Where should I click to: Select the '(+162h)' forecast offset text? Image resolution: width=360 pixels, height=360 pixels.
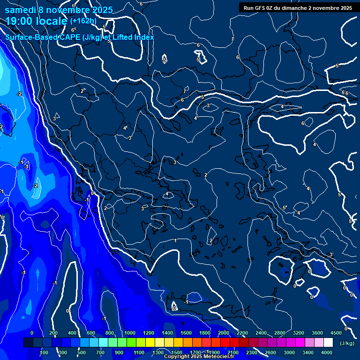83,21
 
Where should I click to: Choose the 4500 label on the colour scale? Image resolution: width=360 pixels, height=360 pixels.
336,333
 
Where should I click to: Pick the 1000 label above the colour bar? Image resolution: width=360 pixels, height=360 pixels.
130,333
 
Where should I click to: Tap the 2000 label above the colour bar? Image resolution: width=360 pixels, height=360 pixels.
224,333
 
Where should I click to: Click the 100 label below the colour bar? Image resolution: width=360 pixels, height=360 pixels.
44,352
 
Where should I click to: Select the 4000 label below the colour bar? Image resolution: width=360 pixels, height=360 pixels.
327,352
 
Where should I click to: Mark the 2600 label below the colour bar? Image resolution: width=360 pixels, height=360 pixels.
270,352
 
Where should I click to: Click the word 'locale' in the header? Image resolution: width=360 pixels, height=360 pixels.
52,22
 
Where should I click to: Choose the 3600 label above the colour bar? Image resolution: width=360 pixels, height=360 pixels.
317,333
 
